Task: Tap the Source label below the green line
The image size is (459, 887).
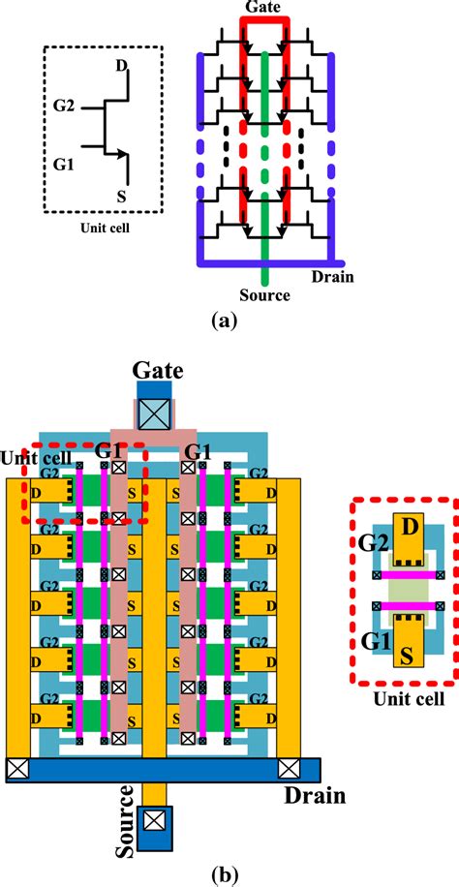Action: click(263, 294)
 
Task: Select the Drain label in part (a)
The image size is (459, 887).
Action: click(332, 276)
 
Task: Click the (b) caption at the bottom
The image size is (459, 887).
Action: click(230, 874)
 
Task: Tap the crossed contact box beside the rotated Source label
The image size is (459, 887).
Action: click(153, 821)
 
